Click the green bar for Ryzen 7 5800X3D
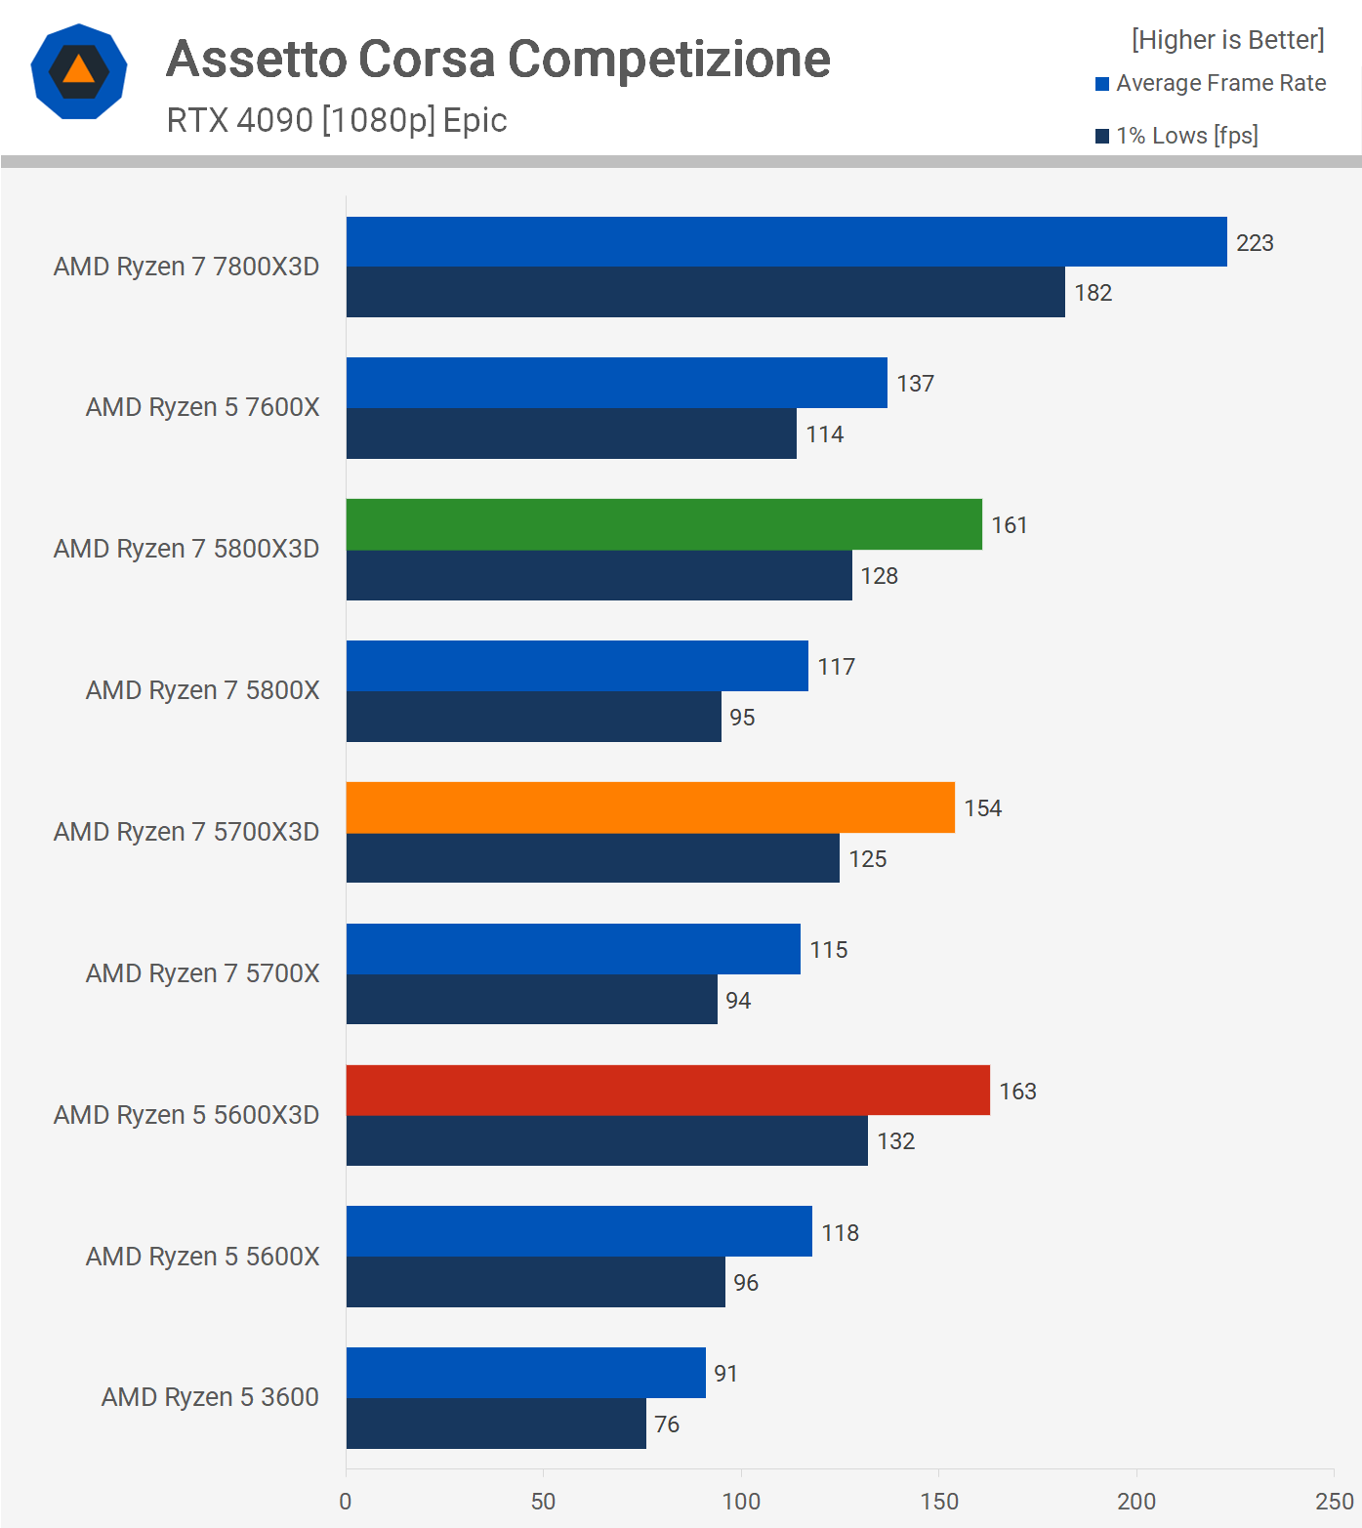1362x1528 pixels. click(664, 524)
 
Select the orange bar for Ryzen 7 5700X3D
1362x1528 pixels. click(650, 807)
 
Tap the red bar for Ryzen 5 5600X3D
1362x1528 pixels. click(668, 1091)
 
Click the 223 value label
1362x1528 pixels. click(1255, 243)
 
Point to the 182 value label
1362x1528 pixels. click(1093, 293)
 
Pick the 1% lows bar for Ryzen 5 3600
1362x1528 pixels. click(496, 1424)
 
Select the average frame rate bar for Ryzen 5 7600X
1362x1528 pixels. click(616, 383)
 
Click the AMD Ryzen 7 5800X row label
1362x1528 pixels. click(202, 690)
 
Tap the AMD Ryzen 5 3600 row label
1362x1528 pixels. click(210, 1397)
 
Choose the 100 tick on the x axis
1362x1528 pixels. click(741, 1502)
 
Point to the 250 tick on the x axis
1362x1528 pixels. click(1334, 1502)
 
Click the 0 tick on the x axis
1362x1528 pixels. click(346, 1502)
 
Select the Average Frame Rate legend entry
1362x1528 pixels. click(1220, 84)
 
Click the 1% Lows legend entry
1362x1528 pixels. click(1186, 136)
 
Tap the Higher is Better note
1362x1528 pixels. click(1227, 40)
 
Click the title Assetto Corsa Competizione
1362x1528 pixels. click(498, 59)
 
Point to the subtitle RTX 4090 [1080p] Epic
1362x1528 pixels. click(337, 120)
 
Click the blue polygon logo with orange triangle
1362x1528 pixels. click(79, 71)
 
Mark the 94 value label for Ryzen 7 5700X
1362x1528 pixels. click(738, 1001)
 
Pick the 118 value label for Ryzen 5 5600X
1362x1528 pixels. click(840, 1233)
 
